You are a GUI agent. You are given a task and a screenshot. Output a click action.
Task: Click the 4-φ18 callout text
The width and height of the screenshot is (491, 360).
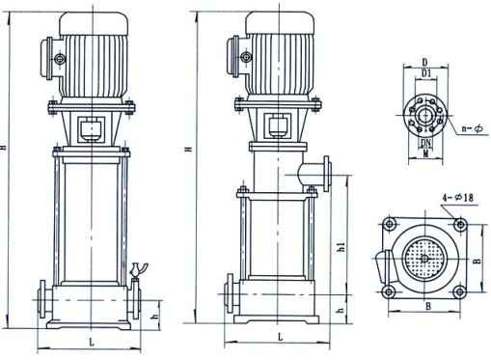pyautogui.click(x=458, y=198)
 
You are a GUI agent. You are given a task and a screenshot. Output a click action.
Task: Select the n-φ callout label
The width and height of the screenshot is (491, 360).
pyautogui.click(x=473, y=128)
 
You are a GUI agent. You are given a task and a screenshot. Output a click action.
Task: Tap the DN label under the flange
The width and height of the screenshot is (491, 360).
pyautogui.click(x=426, y=143)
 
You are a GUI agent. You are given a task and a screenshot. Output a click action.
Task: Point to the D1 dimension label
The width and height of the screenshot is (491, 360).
pyautogui.click(x=426, y=73)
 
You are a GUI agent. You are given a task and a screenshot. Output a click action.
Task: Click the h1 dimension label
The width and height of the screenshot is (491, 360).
pyautogui.click(x=341, y=247)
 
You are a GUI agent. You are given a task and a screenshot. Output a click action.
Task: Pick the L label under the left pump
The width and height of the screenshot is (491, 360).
pyautogui.click(x=92, y=343)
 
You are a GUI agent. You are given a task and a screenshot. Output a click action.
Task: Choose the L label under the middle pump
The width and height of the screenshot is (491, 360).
pyautogui.click(x=281, y=337)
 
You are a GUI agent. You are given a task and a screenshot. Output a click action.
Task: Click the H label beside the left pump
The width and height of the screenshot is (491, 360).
pyautogui.click(x=4, y=148)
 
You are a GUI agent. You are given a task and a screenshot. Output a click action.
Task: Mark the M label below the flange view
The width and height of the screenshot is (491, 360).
pyautogui.click(x=426, y=154)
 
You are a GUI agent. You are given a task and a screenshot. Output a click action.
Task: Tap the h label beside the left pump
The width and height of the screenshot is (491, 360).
pyautogui.click(x=155, y=317)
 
